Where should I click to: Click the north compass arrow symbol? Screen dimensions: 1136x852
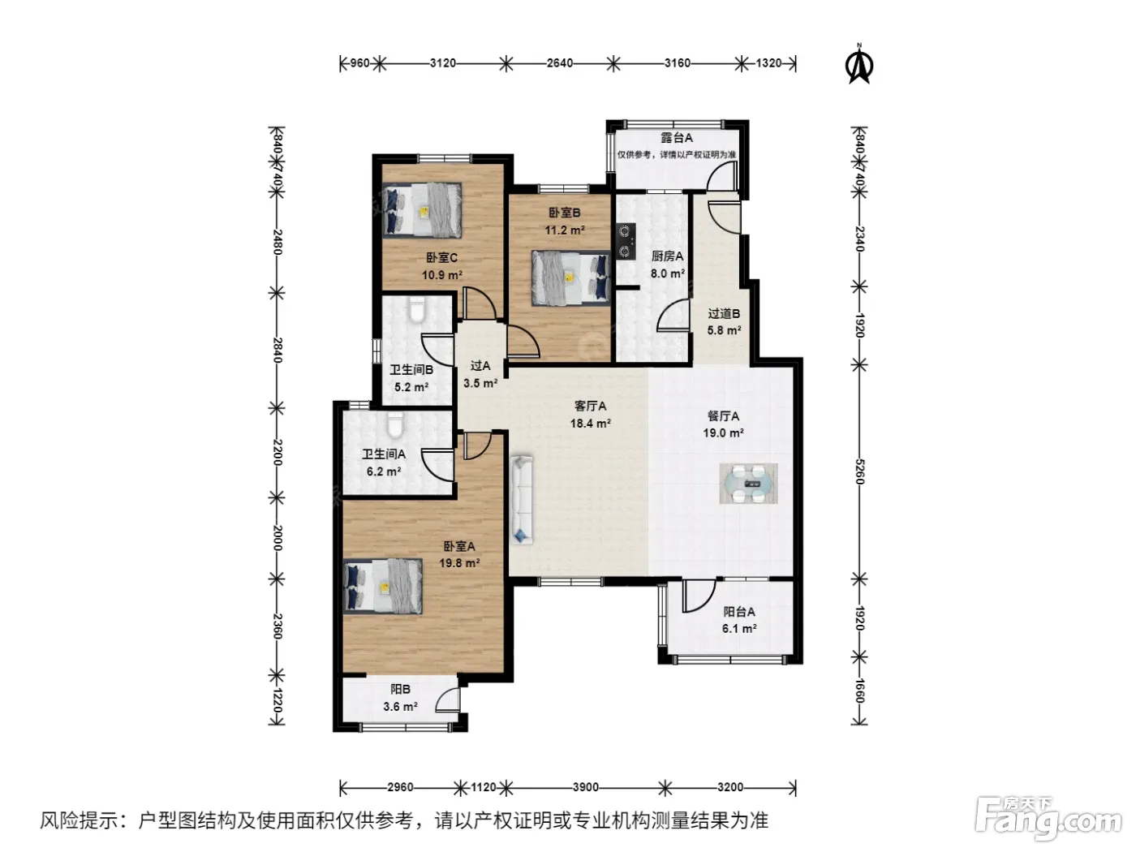click(859, 64)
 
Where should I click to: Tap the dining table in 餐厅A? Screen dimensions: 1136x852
click(748, 484)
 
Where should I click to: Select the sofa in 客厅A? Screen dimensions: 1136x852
click(522, 499)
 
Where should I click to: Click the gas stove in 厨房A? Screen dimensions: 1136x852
click(626, 241)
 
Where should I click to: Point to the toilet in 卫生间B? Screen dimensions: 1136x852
click(416, 309)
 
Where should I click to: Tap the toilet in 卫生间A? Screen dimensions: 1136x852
click(395, 424)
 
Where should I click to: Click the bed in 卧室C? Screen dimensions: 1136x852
click(422, 210)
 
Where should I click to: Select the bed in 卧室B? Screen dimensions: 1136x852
click(571, 278)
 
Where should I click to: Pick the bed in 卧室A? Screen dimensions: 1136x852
click(383, 586)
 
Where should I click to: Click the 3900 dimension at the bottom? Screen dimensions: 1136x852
click(586, 787)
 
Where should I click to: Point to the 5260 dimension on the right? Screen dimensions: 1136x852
click(859, 471)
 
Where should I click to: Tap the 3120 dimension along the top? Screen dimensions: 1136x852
click(443, 63)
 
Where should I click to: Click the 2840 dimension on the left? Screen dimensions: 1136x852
click(277, 351)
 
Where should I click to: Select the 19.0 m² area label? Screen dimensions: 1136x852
click(723, 433)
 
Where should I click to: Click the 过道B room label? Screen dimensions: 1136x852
click(724, 313)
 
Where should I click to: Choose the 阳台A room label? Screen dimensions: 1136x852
click(739, 612)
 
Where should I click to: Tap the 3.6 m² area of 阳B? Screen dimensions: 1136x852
click(400, 707)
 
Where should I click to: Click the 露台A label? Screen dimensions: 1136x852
click(677, 138)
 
